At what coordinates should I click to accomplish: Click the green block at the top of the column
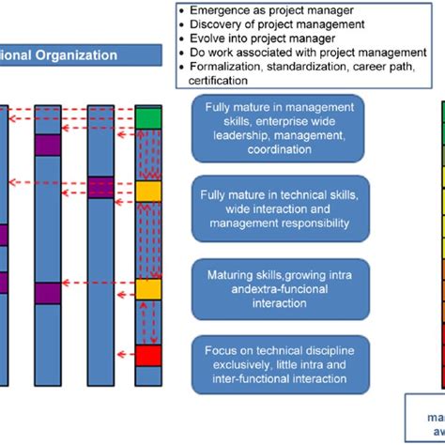point(147,117)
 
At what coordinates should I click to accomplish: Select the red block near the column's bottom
point(147,355)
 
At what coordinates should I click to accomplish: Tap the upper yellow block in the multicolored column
point(147,192)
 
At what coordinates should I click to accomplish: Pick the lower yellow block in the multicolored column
point(147,288)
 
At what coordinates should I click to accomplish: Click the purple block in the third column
point(100,187)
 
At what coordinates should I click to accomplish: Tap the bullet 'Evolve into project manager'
point(255,38)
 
